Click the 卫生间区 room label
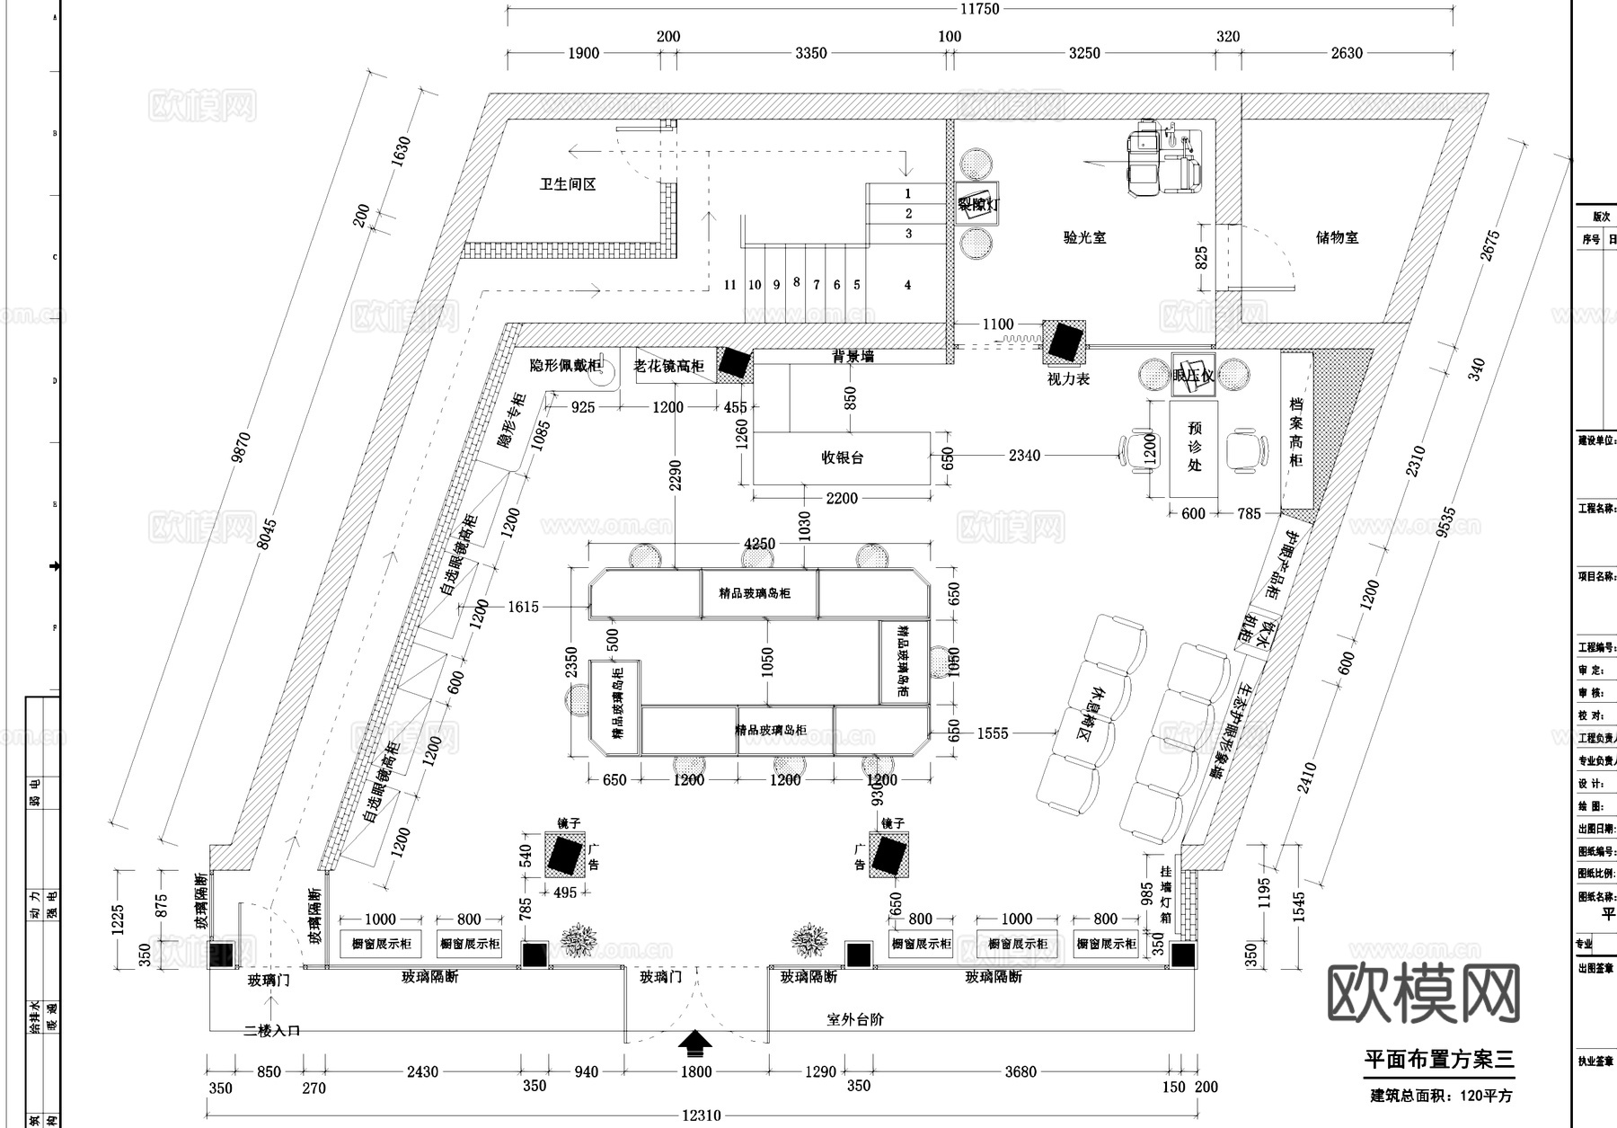(567, 184)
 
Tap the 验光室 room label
(1084, 237)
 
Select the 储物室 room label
(1337, 237)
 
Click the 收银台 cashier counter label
(842, 457)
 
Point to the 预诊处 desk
(1194, 448)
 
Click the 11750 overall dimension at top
(979, 9)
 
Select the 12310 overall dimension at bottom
(701, 1115)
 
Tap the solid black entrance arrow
(694, 1042)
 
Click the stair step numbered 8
(796, 282)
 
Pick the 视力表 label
(1068, 379)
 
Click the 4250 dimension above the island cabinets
(759, 544)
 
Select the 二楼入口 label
(271, 1031)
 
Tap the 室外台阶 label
(854, 1020)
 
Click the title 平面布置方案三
(1438, 1060)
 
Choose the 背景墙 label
(852, 357)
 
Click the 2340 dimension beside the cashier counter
(1023, 456)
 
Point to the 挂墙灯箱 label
(1165, 894)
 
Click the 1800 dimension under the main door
(695, 1071)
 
